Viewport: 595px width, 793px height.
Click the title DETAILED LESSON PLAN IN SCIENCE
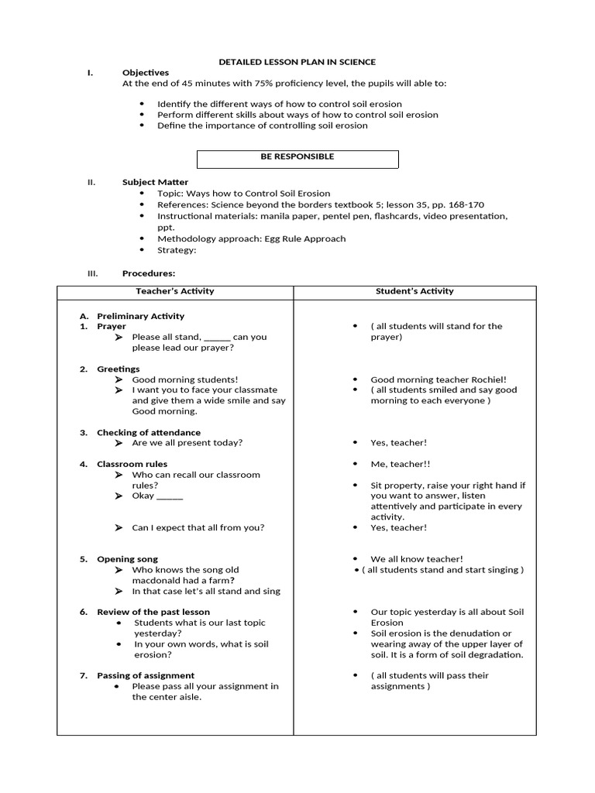click(297, 62)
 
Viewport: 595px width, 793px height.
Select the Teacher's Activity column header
click(175, 292)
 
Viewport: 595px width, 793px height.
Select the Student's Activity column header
click(414, 292)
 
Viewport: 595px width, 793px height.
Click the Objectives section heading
click(145, 73)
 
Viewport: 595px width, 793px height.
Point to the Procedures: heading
click(149, 273)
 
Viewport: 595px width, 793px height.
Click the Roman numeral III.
click(91, 273)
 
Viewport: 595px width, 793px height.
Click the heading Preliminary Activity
click(140, 316)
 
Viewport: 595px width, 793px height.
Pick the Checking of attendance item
click(148, 433)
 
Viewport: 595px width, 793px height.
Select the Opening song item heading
click(127, 559)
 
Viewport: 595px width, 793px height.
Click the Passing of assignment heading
click(146, 676)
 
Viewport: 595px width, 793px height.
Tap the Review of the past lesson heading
click(153, 613)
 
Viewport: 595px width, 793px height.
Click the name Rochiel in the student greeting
click(489, 380)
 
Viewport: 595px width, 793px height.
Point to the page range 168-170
click(463, 205)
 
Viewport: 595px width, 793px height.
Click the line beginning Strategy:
click(177, 250)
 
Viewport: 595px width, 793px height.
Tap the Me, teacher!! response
click(400, 465)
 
